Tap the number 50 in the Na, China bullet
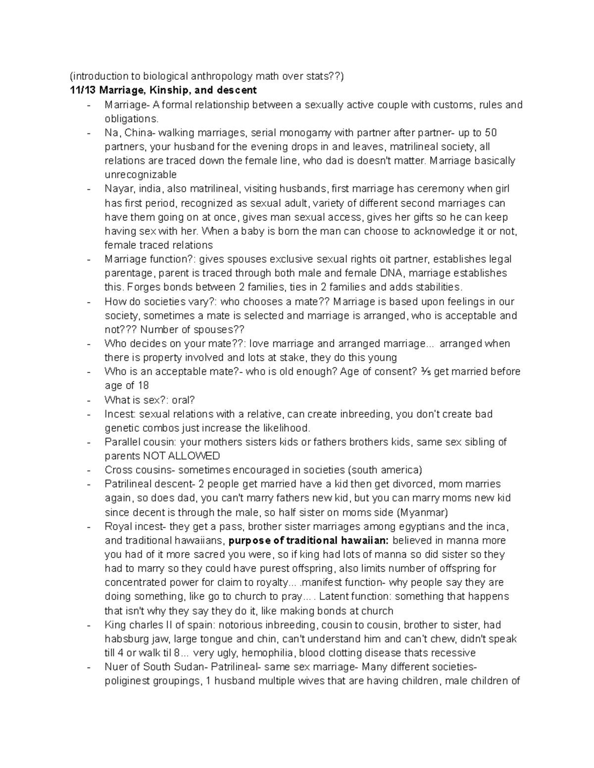(x=491, y=133)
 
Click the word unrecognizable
(x=141, y=175)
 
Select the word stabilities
(x=438, y=287)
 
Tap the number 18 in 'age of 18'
(x=142, y=385)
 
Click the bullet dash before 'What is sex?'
(x=88, y=400)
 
